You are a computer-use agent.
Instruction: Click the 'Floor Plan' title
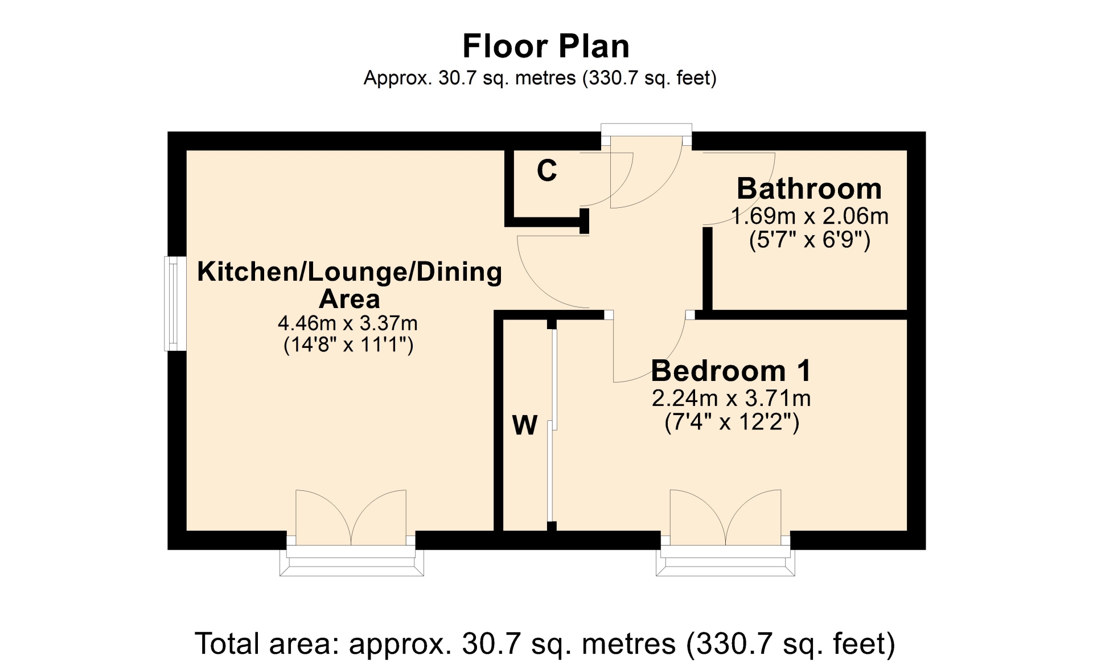[546, 46]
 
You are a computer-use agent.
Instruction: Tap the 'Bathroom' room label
[809, 188]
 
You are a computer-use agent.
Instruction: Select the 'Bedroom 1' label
[731, 371]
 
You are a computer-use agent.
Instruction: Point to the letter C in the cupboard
[546, 170]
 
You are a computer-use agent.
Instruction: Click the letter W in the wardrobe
[524, 425]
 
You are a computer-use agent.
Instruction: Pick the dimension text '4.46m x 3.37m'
[347, 323]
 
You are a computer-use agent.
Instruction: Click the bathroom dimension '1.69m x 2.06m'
[810, 216]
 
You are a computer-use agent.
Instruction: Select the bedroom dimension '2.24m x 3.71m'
[731, 398]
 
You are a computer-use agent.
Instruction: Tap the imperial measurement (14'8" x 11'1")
[348, 345]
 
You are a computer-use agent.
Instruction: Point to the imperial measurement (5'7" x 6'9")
[810, 240]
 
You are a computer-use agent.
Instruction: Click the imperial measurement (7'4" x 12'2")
[732, 422]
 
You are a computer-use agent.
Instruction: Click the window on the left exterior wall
[175, 304]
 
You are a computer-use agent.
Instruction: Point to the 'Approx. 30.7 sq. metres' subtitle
[469, 78]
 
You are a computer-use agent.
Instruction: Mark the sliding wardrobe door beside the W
[552, 425]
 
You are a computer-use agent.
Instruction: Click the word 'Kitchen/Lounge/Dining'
[350, 272]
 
